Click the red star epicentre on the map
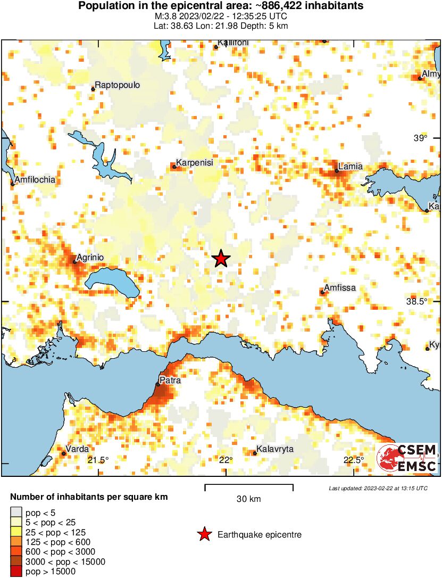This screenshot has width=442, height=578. [221, 259]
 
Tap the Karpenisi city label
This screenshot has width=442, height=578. [195, 163]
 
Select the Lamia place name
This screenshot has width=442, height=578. [351, 167]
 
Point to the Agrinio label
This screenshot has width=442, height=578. [90, 258]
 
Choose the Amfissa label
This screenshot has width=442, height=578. [340, 288]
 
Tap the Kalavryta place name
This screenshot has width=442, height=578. [275, 449]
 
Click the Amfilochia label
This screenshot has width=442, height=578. [35, 180]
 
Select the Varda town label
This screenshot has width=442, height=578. [77, 449]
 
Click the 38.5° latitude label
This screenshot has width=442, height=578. [416, 301]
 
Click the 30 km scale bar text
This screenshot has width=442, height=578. [249, 499]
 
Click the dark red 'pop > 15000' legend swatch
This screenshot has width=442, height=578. [16, 572]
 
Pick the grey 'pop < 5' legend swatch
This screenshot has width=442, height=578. [16, 512]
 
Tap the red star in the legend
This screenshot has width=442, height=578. [204, 534]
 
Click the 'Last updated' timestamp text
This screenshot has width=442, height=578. [378, 488]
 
